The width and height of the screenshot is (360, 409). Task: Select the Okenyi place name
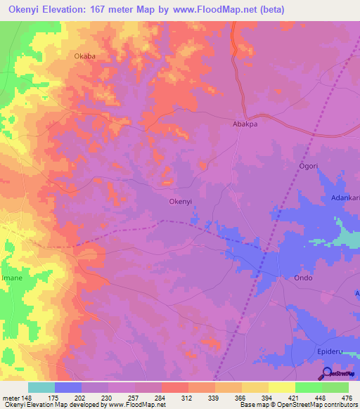[x=181, y=201]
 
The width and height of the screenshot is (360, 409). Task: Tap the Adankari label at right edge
[x=346, y=198]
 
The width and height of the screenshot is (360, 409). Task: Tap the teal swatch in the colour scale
[x=41, y=387]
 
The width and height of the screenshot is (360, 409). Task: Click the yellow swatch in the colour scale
[x=281, y=387]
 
